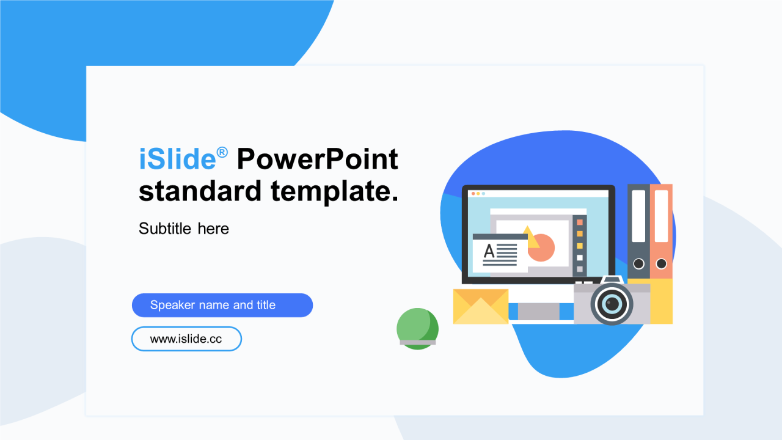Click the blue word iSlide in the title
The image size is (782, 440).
pos(177,159)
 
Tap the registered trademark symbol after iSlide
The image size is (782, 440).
pos(222,153)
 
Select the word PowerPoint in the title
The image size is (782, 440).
pos(317,159)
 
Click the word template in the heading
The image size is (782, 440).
pos(334,191)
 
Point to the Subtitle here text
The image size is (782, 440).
pos(184,229)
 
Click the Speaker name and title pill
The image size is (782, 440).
pos(222,305)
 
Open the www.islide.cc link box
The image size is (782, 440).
pos(186,339)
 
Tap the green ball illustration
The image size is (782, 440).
pos(417,329)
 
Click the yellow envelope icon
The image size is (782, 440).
pos(481,306)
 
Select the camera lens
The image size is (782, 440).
pos(612,303)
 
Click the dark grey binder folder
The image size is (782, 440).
pos(638,231)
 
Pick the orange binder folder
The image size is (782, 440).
pos(661,231)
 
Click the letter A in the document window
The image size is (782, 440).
pos(489,251)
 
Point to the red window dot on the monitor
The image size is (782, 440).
pos(473,194)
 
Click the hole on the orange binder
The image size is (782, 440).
pos(661,263)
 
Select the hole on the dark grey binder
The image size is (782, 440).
pos(639,263)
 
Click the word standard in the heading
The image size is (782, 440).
pos(200,191)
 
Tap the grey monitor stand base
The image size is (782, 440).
pos(538,312)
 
